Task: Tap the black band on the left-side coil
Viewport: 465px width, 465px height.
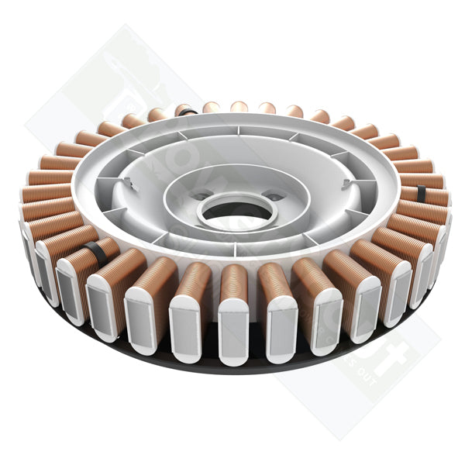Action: tap(94, 250)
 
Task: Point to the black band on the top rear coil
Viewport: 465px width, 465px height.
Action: tap(186, 111)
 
